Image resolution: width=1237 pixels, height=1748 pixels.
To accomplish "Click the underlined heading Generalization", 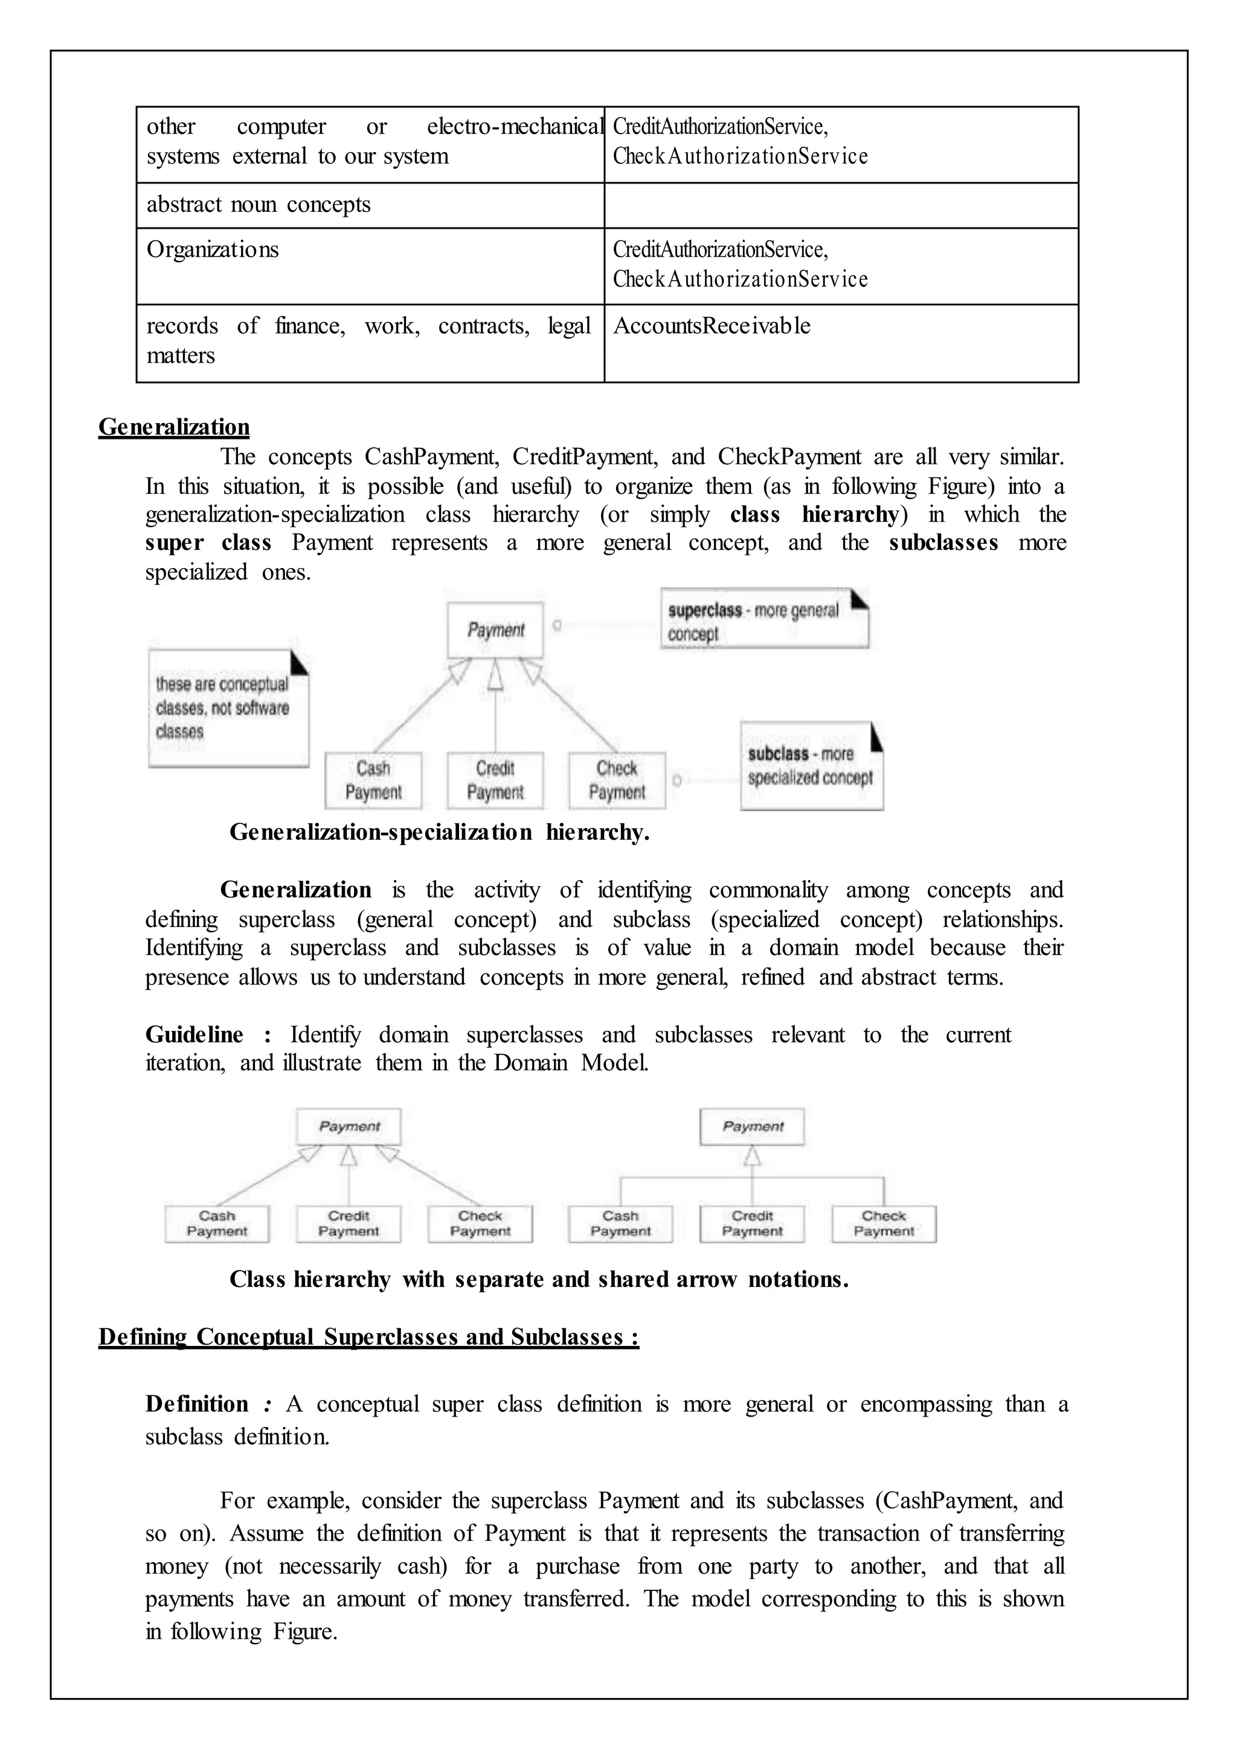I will pyautogui.click(x=174, y=427).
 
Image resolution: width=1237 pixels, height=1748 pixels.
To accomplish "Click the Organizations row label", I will pyautogui.click(x=213, y=250).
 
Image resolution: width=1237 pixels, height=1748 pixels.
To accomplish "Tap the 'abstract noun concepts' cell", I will pyautogui.click(x=259, y=205).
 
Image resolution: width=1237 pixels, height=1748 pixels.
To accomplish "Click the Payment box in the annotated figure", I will pyautogui.click(x=495, y=630).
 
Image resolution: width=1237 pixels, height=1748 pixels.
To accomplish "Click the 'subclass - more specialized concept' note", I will pyautogui.click(x=811, y=766).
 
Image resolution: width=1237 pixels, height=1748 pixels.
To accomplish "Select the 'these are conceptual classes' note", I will pyautogui.click(x=228, y=708).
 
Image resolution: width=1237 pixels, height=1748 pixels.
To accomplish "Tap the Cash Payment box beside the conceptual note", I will pyautogui.click(x=373, y=780).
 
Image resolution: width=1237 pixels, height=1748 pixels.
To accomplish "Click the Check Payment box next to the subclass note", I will pyautogui.click(x=617, y=780).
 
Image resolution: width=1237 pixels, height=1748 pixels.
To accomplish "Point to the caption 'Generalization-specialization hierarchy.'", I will pyautogui.click(x=440, y=832).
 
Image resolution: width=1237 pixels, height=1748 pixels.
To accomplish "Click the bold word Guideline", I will pyautogui.click(x=194, y=1035).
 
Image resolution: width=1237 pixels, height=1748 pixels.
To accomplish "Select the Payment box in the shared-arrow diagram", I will pyautogui.click(x=752, y=1127).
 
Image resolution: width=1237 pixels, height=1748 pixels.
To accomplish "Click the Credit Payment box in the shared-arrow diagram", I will pyautogui.click(x=752, y=1223).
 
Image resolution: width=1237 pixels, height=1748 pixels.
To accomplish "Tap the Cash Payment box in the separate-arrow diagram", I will pyautogui.click(x=217, y=1223).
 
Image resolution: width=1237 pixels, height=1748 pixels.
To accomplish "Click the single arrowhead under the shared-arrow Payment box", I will pyautogui.click(x=753, y=1156).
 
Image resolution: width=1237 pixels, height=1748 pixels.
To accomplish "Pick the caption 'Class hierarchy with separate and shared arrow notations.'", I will pyautogui.click(x=539, y=1279).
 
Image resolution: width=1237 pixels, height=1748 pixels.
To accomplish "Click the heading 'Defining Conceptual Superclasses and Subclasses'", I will pyautogui.click(x=368, y=1337).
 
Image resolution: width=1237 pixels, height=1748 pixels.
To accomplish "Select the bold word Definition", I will pyautogui.click(x=196, y=1404).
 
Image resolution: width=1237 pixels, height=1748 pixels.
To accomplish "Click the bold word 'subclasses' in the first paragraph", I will pyautogui.click(x=943, y=543).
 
